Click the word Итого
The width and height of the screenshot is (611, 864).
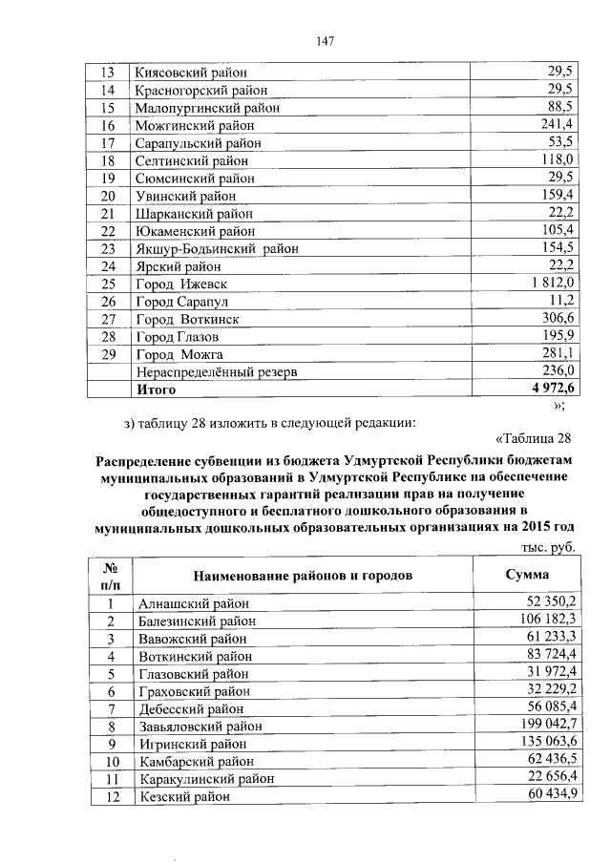pyautogui.click(x=157, y=390)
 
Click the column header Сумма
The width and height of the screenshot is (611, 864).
pyautogui.click(x=527, y=575)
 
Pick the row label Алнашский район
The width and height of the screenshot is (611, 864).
pyautogui.click(x=193, y=603)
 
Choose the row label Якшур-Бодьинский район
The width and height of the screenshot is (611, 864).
pyautogui.click(x=218, y=249)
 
